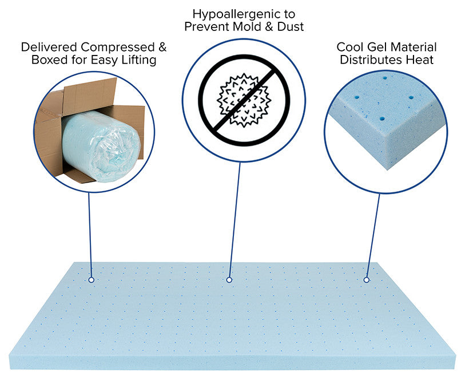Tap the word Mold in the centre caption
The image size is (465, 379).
coord(247,26)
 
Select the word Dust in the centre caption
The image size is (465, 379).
coord(291,26)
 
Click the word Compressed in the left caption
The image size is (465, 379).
coord(118,47)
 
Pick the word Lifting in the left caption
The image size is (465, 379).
coord(139,60)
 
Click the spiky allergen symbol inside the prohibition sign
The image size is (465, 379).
coord(244,100)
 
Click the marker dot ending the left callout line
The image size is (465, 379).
coord(92,280)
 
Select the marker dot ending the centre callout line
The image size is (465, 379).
coord(229,280)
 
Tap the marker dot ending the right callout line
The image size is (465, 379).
coord(367,280)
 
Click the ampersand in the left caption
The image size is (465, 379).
coord(162,47)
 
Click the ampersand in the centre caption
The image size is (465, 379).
coord(269,26)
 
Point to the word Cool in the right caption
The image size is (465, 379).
coord(350,47)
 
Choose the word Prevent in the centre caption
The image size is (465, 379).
coord(206,26)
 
